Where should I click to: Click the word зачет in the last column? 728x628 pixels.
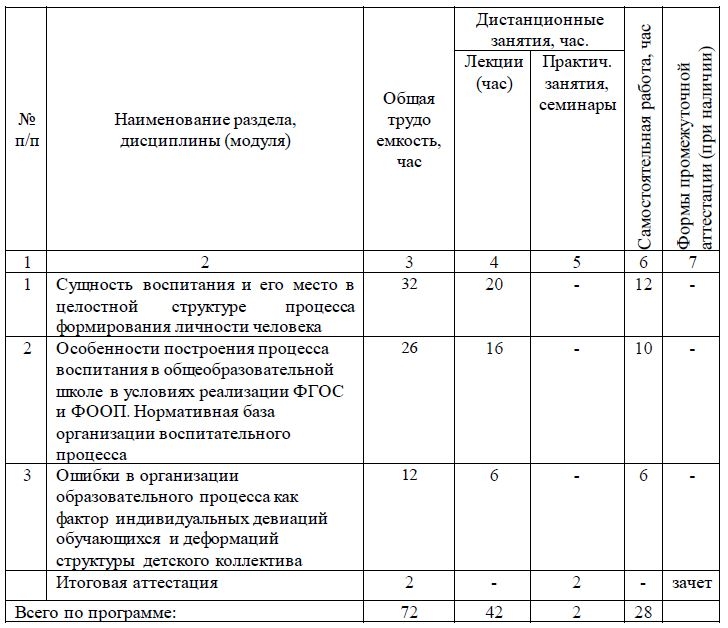(691, 583)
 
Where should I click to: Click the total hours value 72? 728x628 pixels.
(409, 610)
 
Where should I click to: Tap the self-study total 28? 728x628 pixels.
(643, 610)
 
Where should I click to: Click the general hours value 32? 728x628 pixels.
(409, 285)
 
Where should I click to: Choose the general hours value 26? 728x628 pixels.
(409, 349)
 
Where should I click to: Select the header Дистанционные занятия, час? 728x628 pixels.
(539, 30)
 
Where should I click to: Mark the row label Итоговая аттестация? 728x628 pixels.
(137, 582)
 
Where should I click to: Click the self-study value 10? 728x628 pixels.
(643, 349)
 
